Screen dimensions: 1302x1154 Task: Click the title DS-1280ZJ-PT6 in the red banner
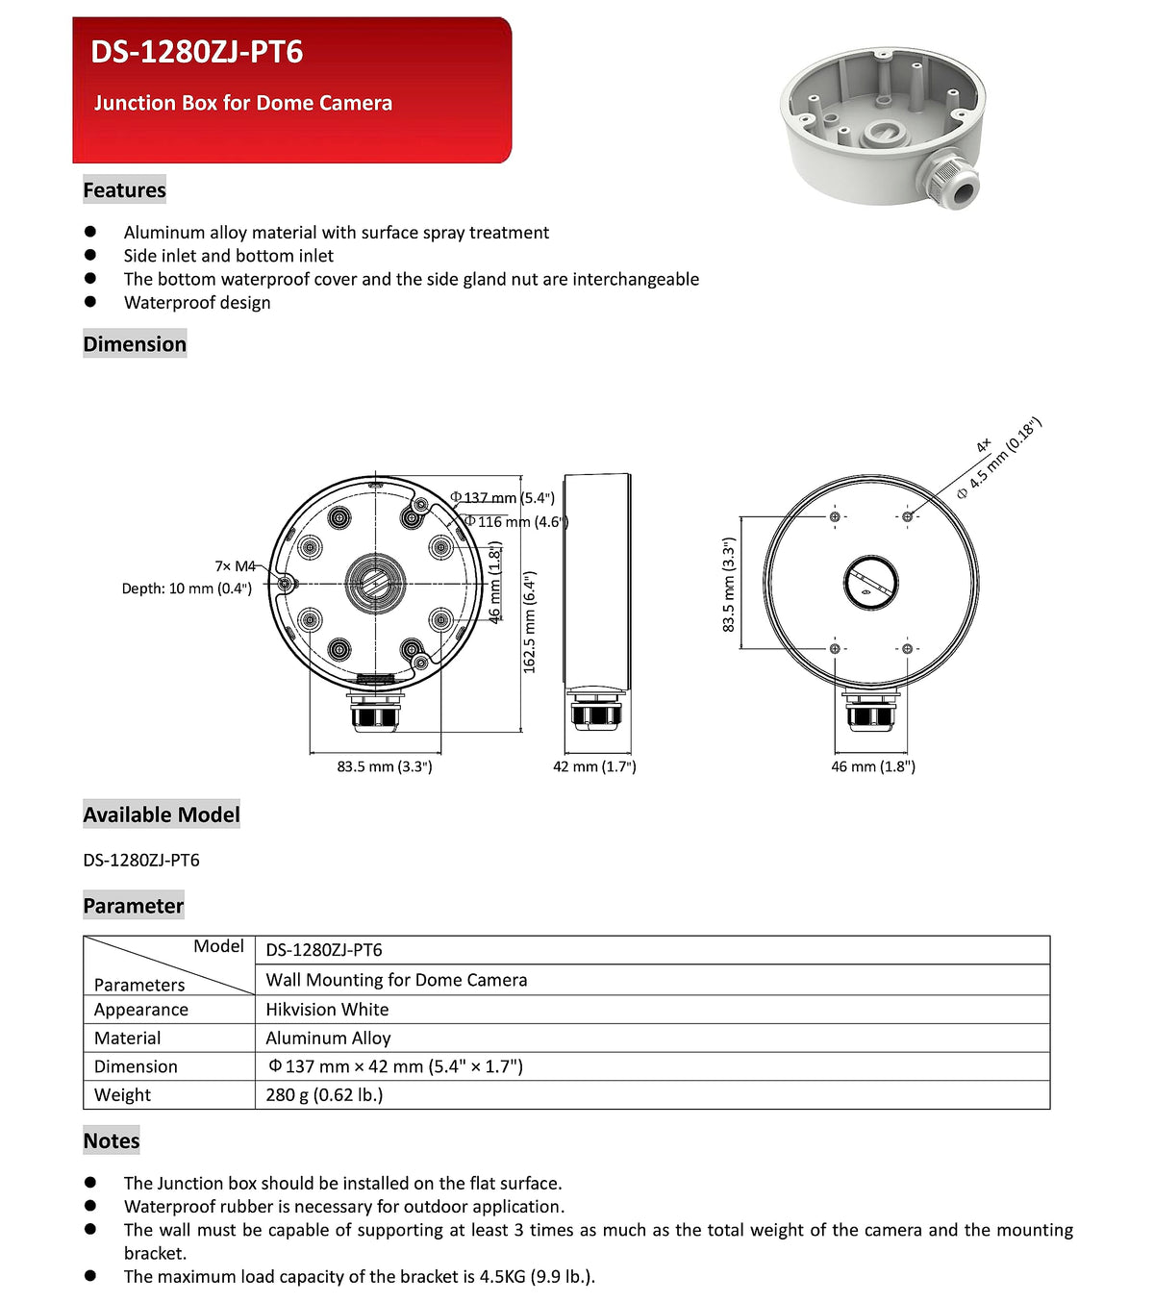[197, 52]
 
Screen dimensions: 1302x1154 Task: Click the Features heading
[124, 190]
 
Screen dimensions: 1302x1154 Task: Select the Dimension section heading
[135, 344]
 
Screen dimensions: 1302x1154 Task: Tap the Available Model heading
[162, 814]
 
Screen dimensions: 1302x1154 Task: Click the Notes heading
[112, 1140]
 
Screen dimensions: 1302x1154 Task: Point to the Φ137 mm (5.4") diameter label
[503, 498]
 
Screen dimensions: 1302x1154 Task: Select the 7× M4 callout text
[235, 566]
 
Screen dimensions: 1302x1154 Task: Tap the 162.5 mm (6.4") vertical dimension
[530, 622]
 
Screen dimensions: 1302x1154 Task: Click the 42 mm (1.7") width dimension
[594, 766]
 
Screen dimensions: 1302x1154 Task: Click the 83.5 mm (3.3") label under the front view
[385, 766]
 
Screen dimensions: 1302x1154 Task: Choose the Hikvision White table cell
[327, 1010]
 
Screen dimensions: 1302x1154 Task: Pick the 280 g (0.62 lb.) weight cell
[324, 1094]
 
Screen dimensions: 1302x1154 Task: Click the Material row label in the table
[128, 1038]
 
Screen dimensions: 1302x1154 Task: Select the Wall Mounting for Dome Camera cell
[396, 980]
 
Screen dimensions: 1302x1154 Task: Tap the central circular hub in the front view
[375, 583]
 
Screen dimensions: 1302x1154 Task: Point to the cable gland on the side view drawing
[596, 710]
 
